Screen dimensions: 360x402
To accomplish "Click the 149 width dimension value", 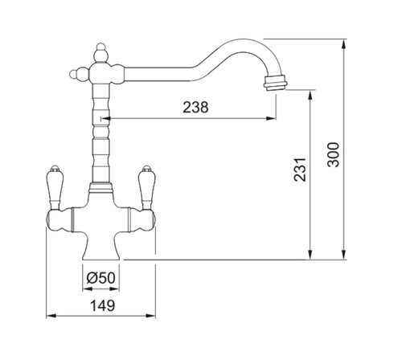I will coord(101,306).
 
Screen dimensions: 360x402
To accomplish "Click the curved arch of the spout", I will coord(241,45).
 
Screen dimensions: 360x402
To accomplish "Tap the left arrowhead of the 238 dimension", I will coord(104,118).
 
